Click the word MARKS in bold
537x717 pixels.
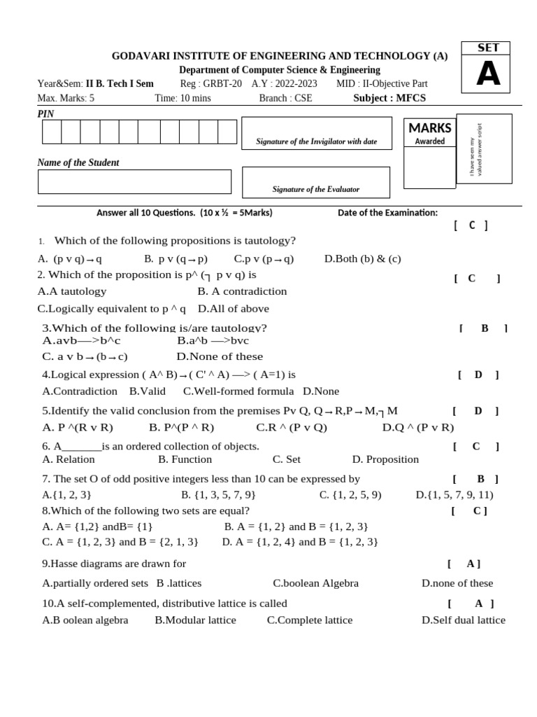click(430, 128)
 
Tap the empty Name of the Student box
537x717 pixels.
click(134, 181)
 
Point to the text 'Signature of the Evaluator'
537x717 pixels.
click(316, 189)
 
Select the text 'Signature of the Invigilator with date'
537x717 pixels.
click(316, 141)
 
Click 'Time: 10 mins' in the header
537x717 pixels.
click(182, 98)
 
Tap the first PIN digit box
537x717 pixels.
click(52, 132)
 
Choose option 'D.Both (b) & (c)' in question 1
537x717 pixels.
click(362, 258)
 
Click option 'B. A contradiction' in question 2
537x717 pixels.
click(242, 291)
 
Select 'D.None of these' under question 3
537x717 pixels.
click(220, 356)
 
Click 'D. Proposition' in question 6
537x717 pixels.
click(385, 459)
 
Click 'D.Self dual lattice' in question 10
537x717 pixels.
click(463, 620)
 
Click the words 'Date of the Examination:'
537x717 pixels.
click(387, 213)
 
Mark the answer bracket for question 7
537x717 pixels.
click(475, 479)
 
